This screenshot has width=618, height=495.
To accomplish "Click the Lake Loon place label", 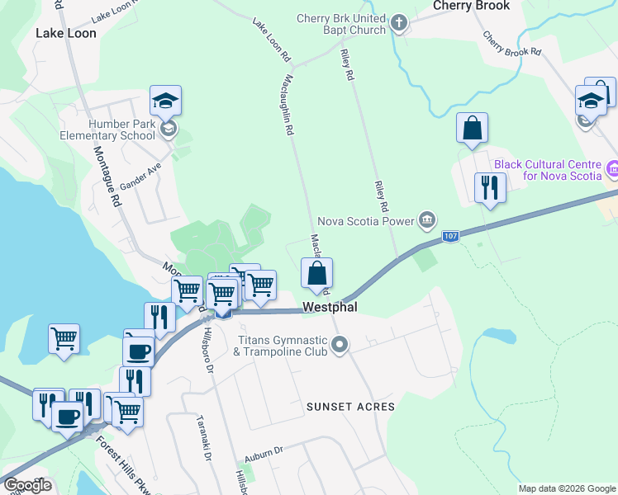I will [66, 34].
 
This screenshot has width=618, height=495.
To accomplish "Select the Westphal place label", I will [329, 306].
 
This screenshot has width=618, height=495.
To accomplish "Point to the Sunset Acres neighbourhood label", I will [350, 407].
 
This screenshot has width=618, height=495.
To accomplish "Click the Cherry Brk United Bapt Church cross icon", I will [399, 23].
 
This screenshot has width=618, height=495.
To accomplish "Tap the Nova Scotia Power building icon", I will [426, 219].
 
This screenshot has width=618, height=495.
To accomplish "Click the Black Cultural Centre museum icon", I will [611, 170].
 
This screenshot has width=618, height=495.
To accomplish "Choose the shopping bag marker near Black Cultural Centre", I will [472, 129].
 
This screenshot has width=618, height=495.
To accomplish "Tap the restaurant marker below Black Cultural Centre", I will [490, 188].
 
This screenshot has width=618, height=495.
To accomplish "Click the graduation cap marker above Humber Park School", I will [165, 101].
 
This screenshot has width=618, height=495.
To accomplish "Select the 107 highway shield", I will [449, 237].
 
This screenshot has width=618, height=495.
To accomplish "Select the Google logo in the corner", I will [27, 485].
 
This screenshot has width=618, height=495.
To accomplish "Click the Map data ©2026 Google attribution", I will [566, 488].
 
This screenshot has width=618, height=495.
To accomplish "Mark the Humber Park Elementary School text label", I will [121, 130].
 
